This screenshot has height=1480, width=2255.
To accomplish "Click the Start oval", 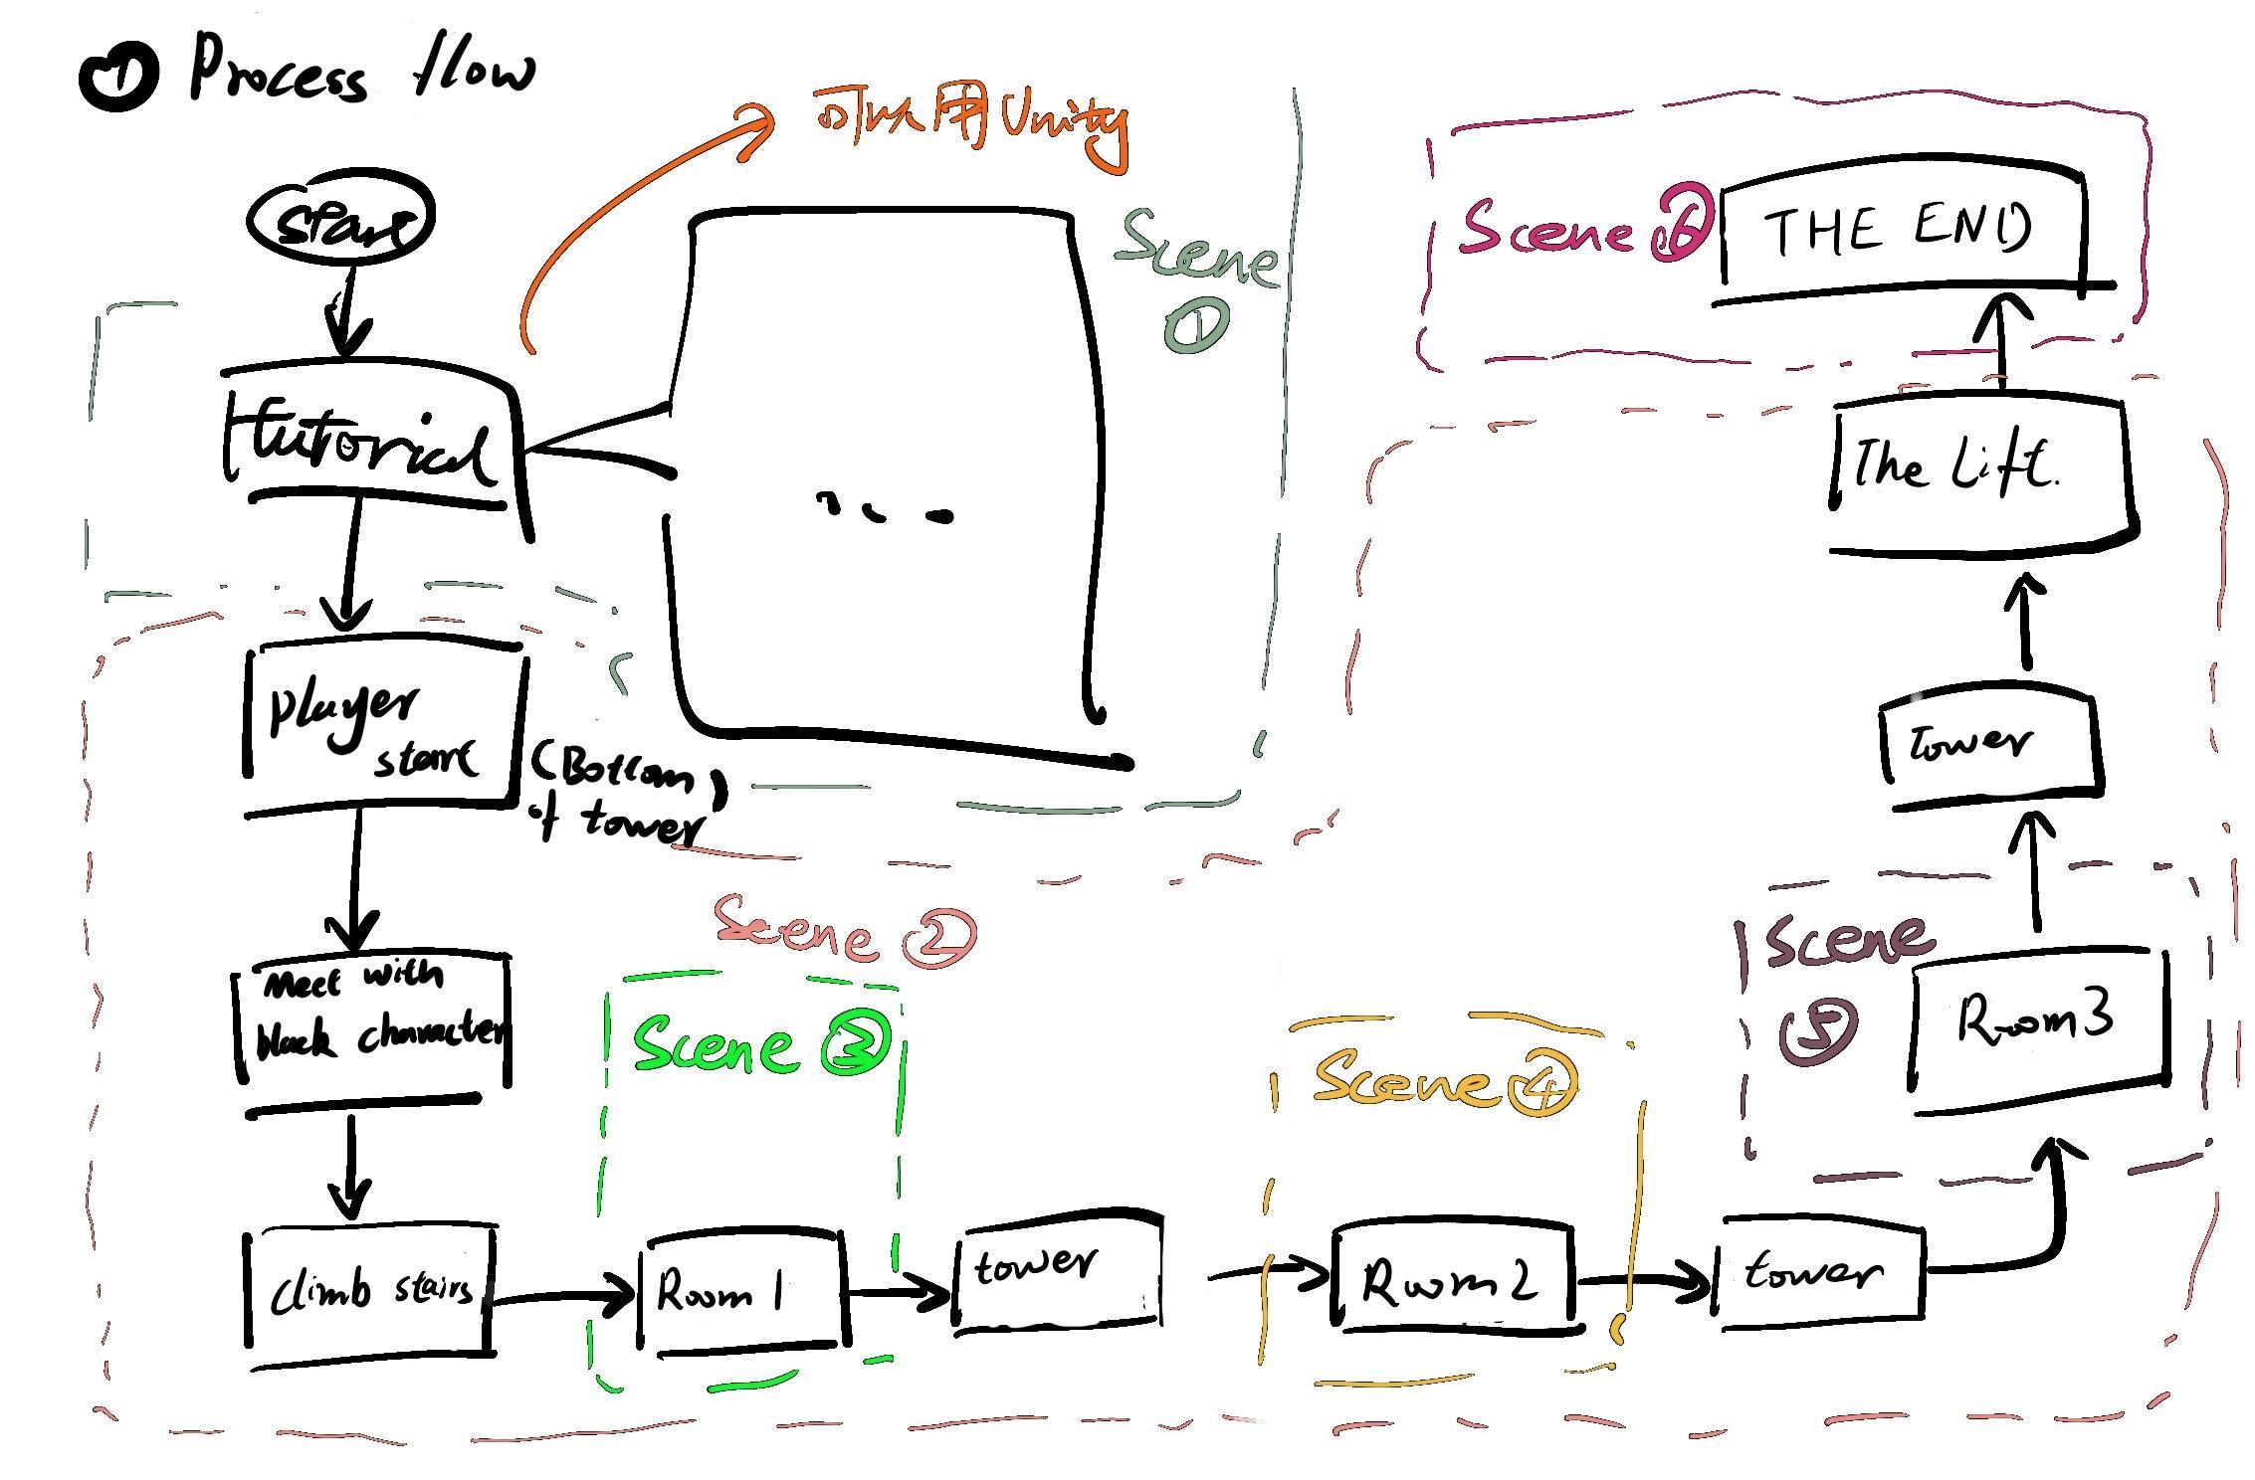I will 339,222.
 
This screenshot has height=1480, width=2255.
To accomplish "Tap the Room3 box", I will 2037,1024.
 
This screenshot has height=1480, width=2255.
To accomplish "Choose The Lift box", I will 1980,472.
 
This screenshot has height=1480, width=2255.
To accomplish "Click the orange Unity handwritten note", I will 971,124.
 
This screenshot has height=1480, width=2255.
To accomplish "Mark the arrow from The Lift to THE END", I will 2000,338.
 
